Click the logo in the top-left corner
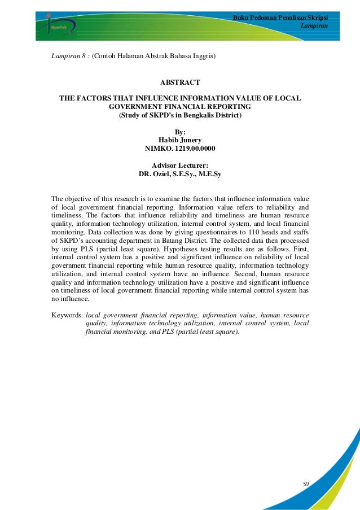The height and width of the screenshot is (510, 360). (x=55, y=25)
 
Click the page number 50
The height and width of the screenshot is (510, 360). (x=306, y=484)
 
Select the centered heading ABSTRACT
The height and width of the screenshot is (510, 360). (x=180, y=82)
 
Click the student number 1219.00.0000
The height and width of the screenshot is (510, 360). (x=192, y=149)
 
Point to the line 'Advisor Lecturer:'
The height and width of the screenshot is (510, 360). (x=180, y=165)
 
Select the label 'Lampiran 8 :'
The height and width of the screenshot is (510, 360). (x=71, y=56)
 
